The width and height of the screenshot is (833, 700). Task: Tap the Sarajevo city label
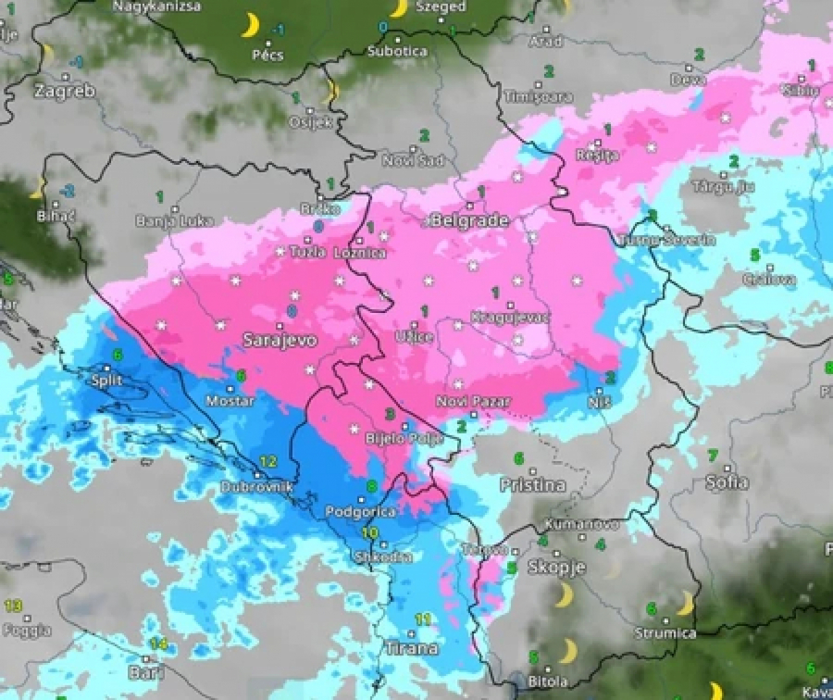pos(279,340)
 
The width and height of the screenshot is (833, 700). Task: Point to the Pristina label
pos(531,484)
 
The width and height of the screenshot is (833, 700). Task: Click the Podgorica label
pos(362,511)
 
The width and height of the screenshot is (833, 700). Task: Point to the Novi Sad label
pos(413,160)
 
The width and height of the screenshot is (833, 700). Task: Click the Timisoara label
pos(539,96)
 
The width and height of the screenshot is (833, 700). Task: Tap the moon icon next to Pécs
pos(250,25)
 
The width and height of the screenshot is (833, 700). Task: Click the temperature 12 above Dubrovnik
pos(268,461)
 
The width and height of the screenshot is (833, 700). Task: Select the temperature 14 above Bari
pos(158,644)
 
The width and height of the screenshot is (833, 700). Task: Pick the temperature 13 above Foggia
pos(13,606)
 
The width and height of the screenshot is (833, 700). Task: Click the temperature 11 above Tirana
pos(424,619)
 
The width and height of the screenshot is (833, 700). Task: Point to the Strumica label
pos(665,633)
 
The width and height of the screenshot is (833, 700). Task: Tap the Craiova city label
pos(768,279)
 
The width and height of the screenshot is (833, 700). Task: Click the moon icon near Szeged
pos(399,8)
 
